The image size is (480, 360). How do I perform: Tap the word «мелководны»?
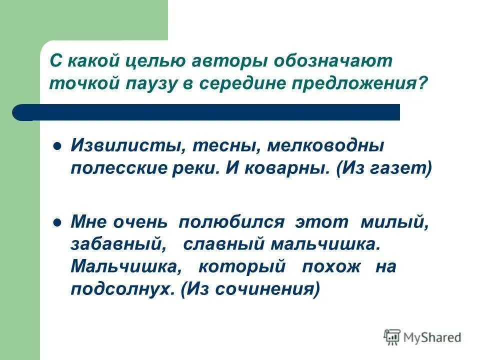326,146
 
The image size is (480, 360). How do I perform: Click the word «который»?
241,266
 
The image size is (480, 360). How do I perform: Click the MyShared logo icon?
393,336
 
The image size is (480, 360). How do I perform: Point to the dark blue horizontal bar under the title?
210,112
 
